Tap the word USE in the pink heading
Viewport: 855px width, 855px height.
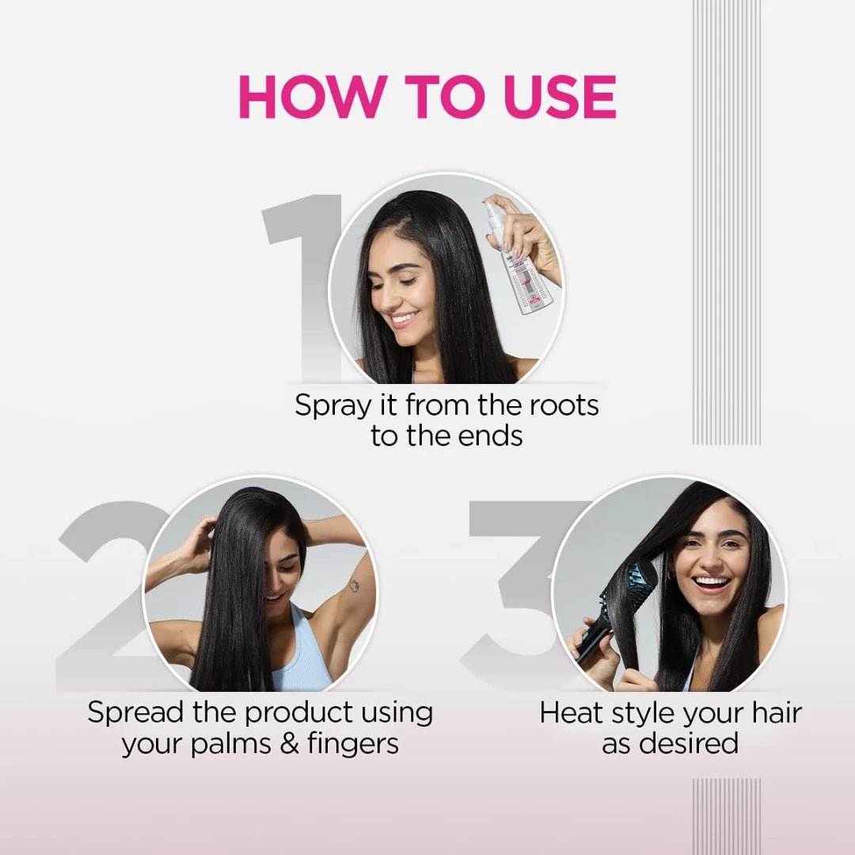[x=554, y=97]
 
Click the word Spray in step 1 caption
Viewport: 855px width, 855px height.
[x=332, y=406]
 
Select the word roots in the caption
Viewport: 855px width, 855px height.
[x=563, y=405]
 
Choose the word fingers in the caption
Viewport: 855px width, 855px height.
[x=348, y=745]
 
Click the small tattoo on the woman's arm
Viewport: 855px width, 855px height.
[x=354, y=585]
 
